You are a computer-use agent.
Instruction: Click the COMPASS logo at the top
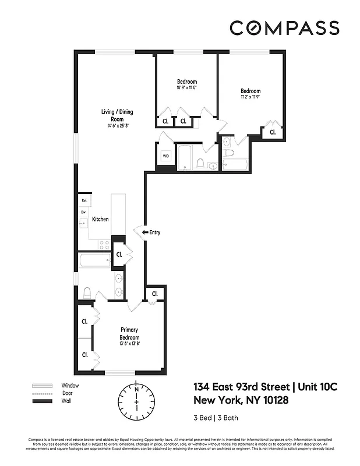(x=284, y=27)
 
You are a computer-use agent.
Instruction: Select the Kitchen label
(x=100, y=219)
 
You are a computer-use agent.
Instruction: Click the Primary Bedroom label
(x=129, y=333)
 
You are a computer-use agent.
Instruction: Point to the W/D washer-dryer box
(x=165, y=156)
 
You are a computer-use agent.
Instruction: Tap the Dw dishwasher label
(x=83, y=212)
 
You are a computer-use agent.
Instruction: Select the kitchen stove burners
(x=104, y=244)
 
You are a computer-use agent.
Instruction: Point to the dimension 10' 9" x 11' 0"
(x=187, y=88)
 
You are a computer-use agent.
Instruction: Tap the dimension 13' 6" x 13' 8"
(x=129, y=344)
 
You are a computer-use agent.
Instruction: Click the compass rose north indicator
(x=136, y=389)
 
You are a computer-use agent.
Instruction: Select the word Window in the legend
(x=70, y=386)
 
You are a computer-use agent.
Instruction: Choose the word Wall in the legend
(x=66, y=401)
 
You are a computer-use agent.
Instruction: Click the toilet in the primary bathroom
(x=87, y=292)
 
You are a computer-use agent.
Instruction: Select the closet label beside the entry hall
(x=119, y=254)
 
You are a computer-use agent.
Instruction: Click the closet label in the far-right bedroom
(x=272, y=133)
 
